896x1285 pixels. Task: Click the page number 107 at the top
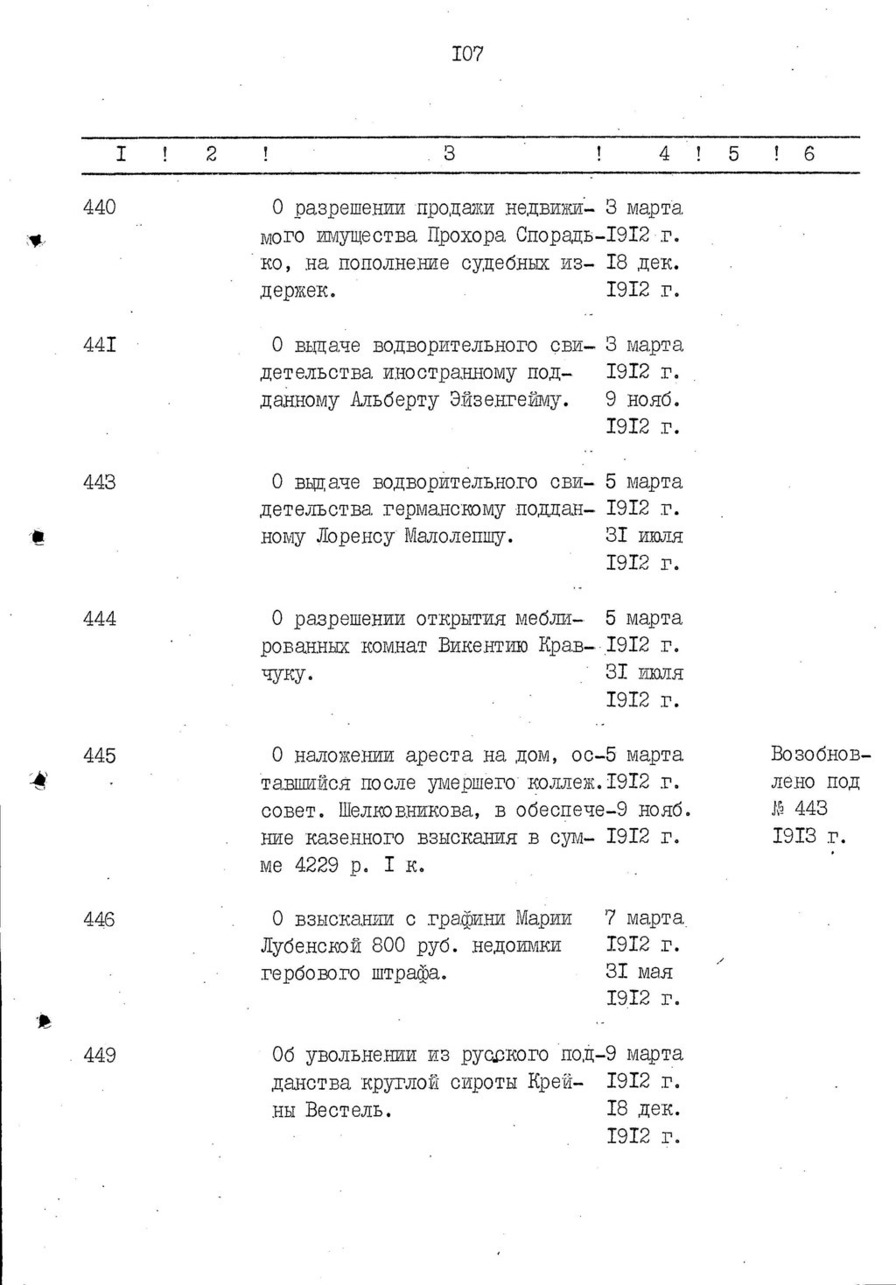click(468, 54)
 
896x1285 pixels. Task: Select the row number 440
click(100, 208)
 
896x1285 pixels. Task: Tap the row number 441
click(100, 345)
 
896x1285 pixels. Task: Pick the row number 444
click(100, 619)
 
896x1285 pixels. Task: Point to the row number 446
click(100, 919)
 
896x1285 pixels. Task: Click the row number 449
click(100, 1056)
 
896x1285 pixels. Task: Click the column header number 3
click(449, 154)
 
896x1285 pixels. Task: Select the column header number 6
click(808, 154)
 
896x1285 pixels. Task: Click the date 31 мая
click(640, 973)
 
